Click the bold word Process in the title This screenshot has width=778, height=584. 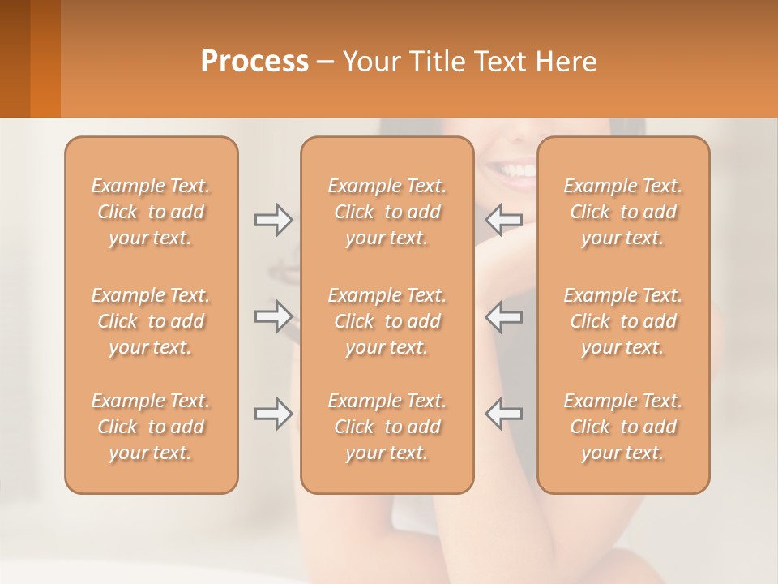pos(254,62)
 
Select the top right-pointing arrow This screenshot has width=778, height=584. pos(273,220)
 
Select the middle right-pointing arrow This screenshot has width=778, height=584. pos(273,316)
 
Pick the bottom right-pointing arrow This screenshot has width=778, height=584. pos(273,414)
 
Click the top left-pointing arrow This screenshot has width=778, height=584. pos(504,220)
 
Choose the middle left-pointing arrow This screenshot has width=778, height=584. pos(504,316)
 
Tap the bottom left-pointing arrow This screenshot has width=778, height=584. pos(504,414)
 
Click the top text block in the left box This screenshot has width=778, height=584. pos(151,212)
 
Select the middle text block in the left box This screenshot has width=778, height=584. pos(151,321)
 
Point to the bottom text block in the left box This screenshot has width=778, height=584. pos(151,427)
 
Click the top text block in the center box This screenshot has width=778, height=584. pos(387,212)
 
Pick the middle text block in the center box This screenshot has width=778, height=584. pos(387,321)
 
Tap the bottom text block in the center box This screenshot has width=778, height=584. pos(387,427)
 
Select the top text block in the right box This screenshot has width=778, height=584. pos(623,212)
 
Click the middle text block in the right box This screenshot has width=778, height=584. pos(623,321)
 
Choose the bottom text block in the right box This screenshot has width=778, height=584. pos(623,427)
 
